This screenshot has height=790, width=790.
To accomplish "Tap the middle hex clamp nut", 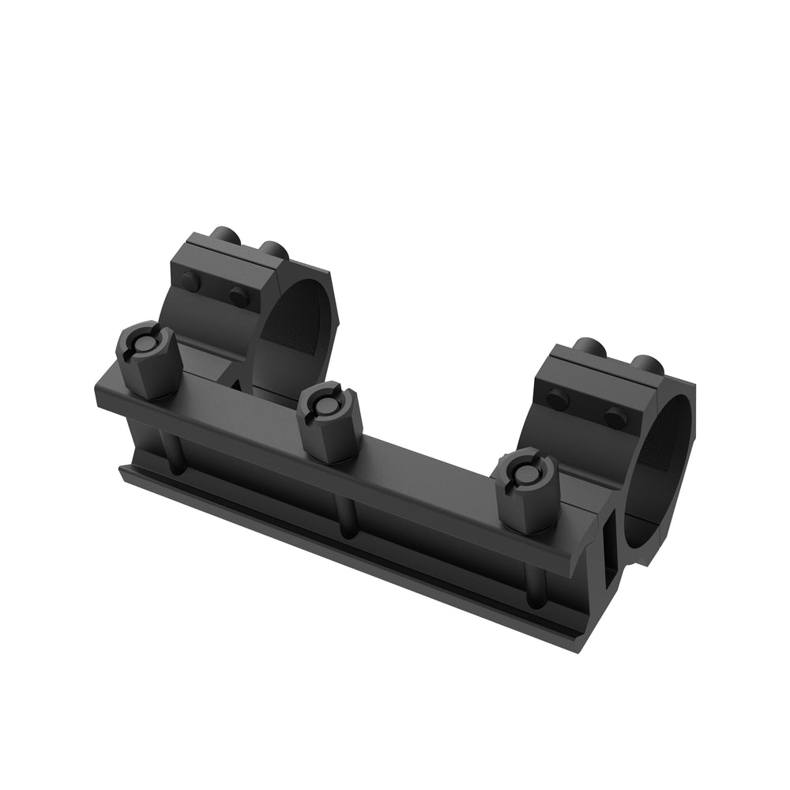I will coord(329,422).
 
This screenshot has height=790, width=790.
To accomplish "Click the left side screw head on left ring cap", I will coord(189,280).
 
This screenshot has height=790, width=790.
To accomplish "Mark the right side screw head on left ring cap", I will coord(239,296).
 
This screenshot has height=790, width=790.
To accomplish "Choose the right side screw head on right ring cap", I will coord(615,416).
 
